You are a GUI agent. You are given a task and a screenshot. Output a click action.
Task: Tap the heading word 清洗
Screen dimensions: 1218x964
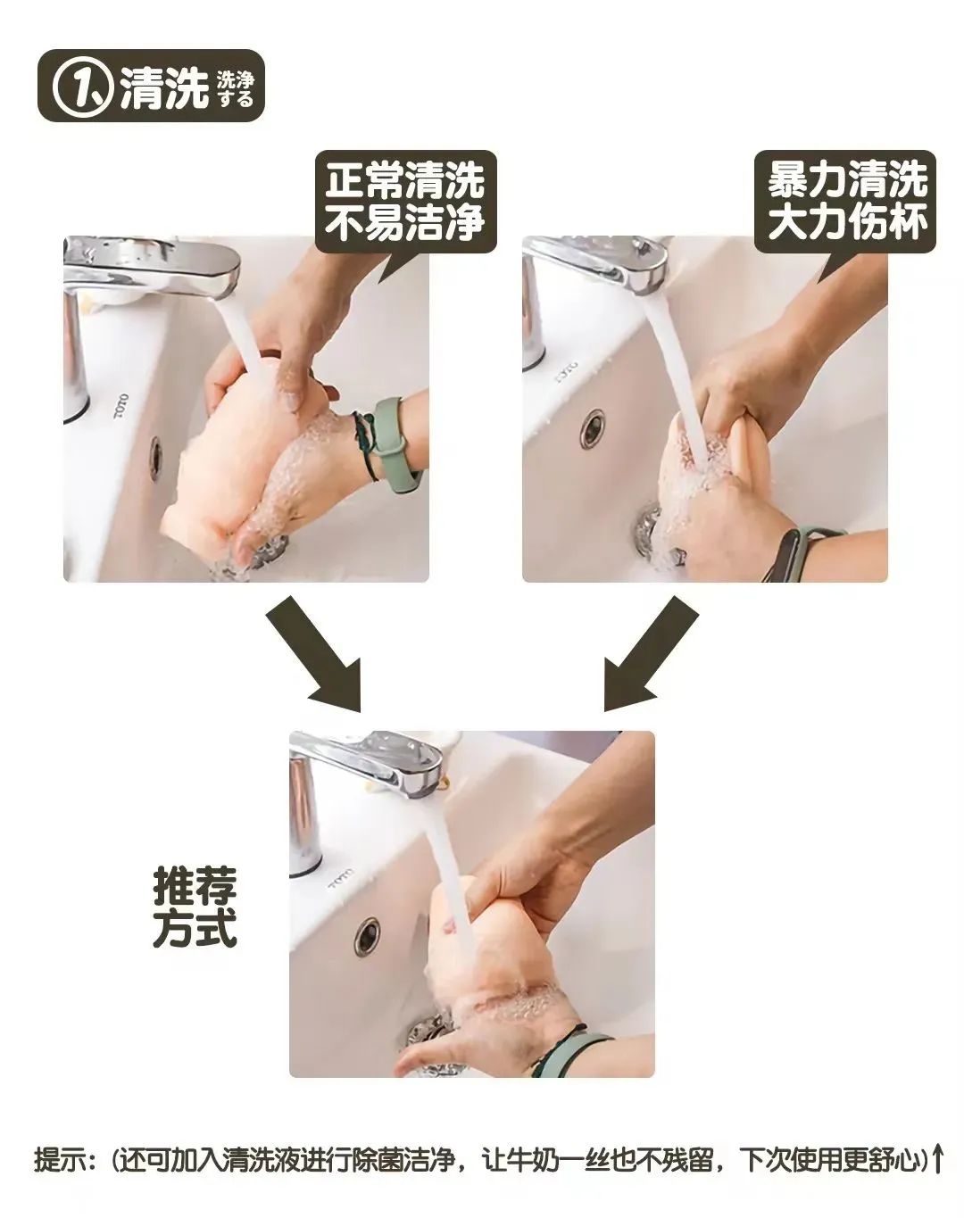click(164, 87)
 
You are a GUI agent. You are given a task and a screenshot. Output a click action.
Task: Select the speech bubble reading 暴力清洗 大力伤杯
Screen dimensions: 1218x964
click(846, 202)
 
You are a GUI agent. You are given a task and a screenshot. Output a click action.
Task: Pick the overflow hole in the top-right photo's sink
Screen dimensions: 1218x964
click(591, 429)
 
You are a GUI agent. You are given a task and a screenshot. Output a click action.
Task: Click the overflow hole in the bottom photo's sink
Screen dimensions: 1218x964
click(366, 936)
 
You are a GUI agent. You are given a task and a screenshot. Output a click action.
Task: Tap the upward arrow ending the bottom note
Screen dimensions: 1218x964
click(937, 1160)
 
